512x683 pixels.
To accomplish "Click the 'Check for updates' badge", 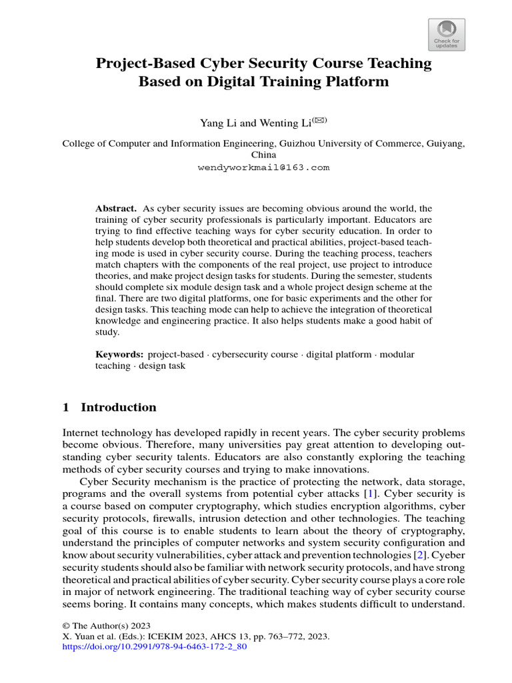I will pyautogui.click(x=447, y=34).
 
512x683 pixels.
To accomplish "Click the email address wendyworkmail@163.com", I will pyautogui.click(x=263, y=167).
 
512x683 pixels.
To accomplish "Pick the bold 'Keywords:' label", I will pyautogui.click(x=120, y=354).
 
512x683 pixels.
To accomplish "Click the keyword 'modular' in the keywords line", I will pyautogui.click(x=397, y=354).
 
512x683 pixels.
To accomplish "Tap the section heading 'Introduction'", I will pyautogui.click(x=119, y=408).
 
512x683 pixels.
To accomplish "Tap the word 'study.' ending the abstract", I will pyautogui.click(x=107, y=331).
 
